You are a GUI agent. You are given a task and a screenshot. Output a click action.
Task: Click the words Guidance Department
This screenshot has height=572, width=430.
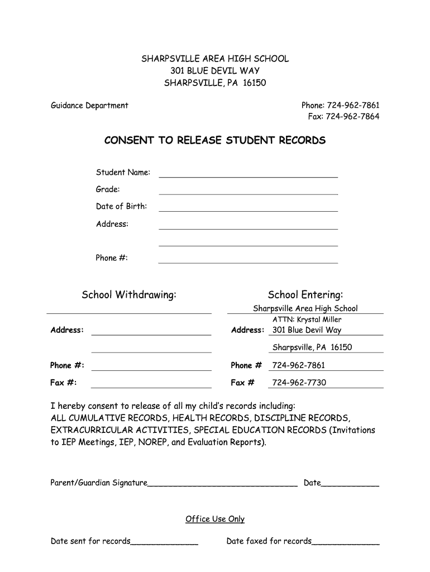89,105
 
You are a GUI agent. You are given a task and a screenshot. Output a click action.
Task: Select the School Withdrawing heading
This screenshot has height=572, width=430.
129,295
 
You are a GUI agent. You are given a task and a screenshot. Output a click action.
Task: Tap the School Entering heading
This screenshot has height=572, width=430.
305,295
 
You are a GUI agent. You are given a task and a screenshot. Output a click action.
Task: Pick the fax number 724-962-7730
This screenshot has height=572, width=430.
299,383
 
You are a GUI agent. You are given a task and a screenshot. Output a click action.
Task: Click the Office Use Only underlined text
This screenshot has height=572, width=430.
215,519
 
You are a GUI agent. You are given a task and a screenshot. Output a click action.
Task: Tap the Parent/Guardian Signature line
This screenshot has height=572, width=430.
222,484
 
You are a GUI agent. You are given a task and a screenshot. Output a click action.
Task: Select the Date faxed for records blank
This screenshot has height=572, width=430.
346,542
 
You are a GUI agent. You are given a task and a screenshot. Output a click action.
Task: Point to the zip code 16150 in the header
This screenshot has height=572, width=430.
255,83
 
